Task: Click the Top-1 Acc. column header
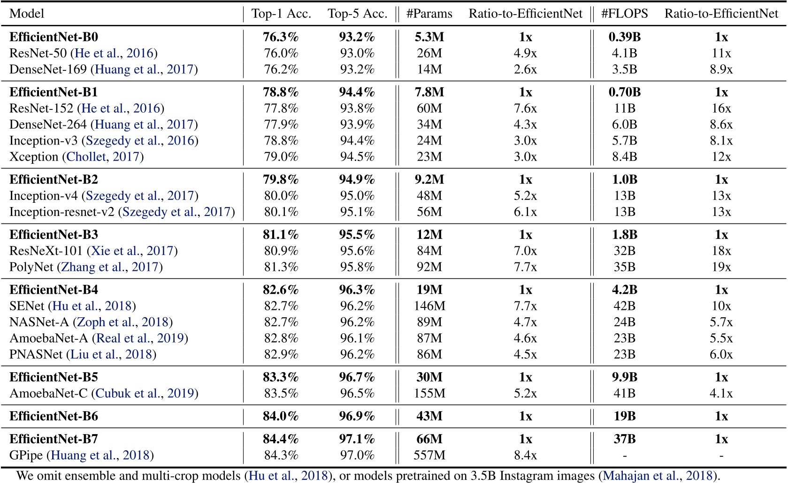point(281,14)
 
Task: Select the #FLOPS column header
point(624,14)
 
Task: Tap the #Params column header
point(429,14)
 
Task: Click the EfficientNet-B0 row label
point(54,37)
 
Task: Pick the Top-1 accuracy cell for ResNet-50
point(281,54)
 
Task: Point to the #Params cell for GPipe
point(429,455)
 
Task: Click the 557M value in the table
point(429,455)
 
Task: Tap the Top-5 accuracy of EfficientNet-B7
point(357,439)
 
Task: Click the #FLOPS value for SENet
point(624,306)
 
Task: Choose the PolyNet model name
point(31,267)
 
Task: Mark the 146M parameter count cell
point(429,306)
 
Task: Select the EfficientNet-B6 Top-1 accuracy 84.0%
point(281,416)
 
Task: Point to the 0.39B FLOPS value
point(624,37)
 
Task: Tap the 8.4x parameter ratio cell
point(525,455)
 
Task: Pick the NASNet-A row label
point(39,322)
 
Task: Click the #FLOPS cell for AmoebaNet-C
point(624,393)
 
